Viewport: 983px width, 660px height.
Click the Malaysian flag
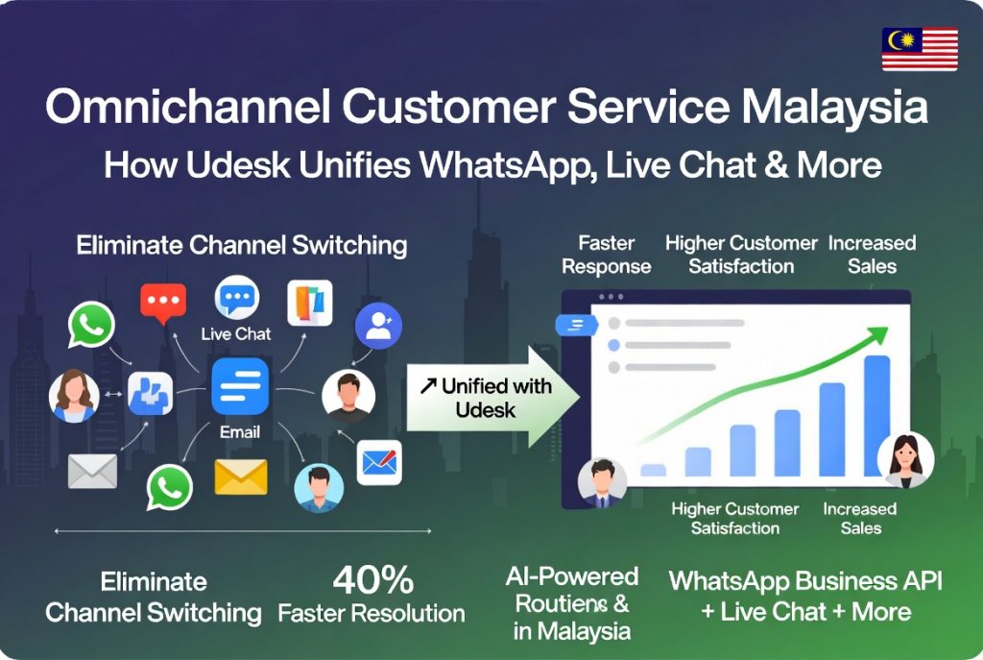(x=920, y=49)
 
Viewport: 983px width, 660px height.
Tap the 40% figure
(x=373, y=579)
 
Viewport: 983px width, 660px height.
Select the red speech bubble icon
(x=163, y=303)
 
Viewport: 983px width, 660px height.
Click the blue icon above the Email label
(x=240, y=386)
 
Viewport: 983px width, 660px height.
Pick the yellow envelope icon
(x=241, y=477)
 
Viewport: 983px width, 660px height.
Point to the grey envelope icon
(x=93, y=471)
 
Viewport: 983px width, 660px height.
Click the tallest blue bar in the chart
(x=877, y=415)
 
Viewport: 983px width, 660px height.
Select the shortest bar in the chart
(x=653, y=470)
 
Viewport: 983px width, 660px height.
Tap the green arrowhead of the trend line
(x=878, y=335)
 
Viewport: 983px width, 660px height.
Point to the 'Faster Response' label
(x=607, y=255)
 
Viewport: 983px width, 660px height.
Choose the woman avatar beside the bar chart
(x=905, y=459)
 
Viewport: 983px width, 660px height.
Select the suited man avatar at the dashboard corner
(x=602, y=482)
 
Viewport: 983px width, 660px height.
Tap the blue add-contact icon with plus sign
(x=378, y=326)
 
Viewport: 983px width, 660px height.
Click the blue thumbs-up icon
(x=151, y=393)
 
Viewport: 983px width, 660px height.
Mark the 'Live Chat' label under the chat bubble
(x=236, y=333)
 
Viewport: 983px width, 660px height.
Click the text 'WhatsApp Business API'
(x=805, y=581)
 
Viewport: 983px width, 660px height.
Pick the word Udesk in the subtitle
(x=238, y=164)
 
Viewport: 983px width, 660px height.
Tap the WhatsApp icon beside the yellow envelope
(x=169, y=487)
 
